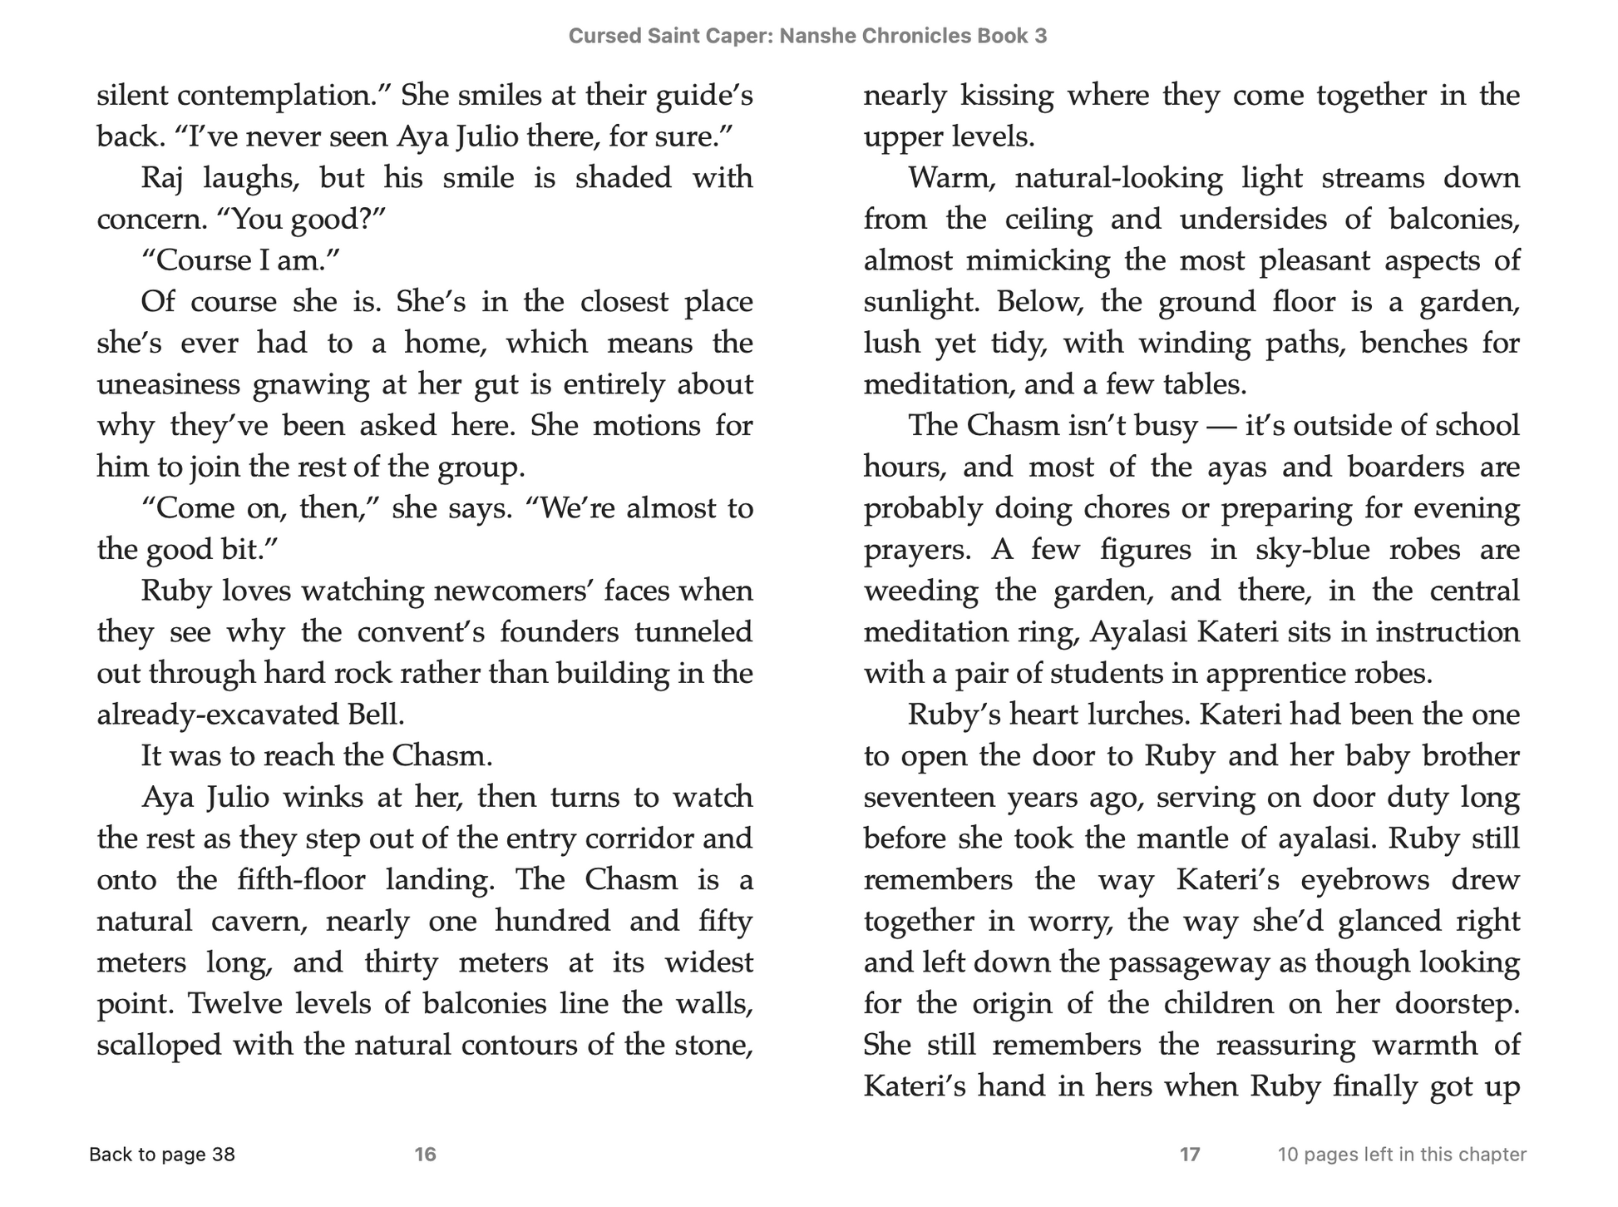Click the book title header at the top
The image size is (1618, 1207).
807,36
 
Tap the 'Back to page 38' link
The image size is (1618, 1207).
162,1155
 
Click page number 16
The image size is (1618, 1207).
425,1155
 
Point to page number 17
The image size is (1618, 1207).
1190,1155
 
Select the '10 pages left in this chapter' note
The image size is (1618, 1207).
1402,1155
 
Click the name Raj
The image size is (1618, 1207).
162,178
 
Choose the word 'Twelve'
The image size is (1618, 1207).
232,1003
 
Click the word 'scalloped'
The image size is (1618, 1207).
159,1045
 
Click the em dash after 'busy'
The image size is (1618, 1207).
1221,426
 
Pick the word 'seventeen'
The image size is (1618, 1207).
927,797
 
